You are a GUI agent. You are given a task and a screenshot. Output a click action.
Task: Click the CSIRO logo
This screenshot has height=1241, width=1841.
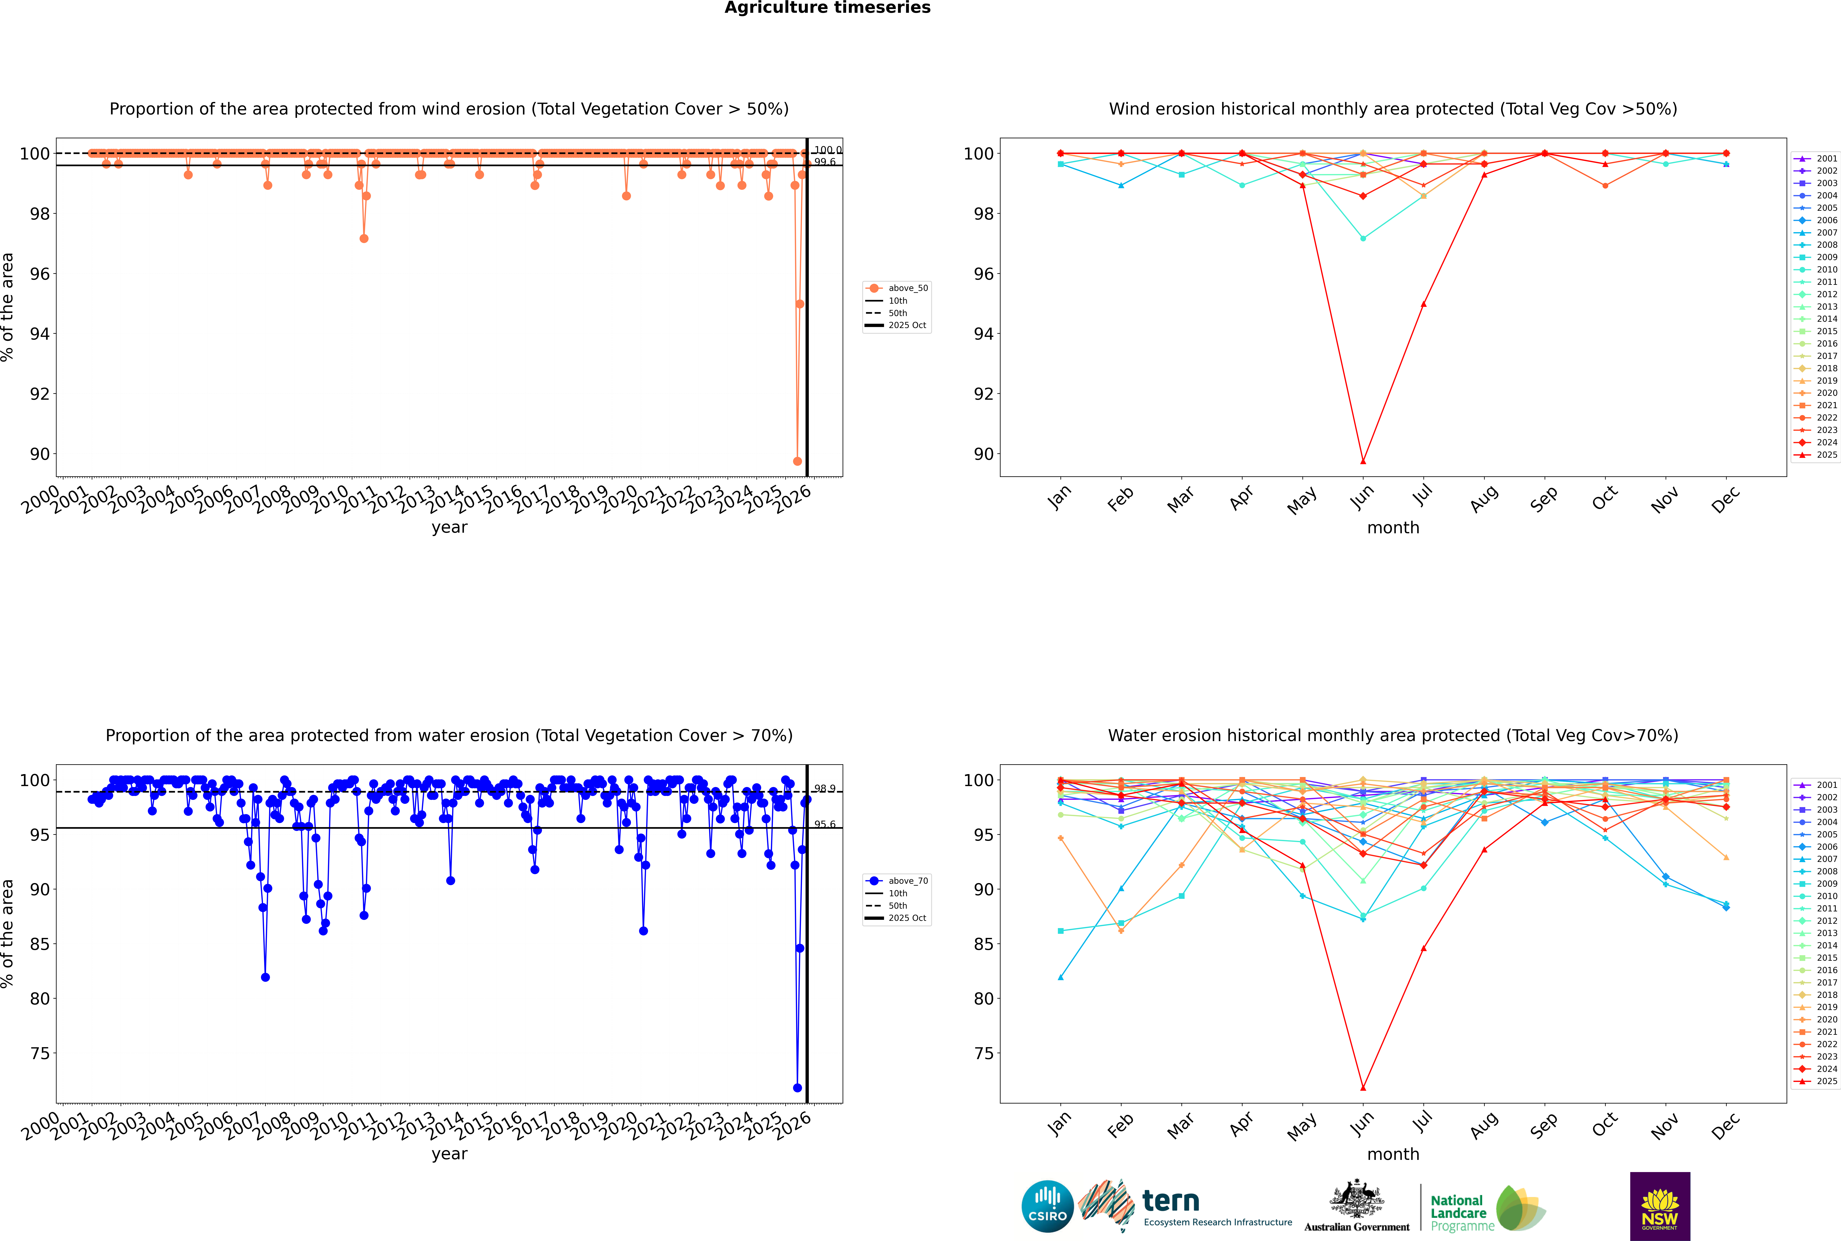pyautogui.click(x=1047, y=1206)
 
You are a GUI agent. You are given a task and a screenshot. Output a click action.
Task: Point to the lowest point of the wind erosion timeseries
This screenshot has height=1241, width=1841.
pyautogui.click(x=797, y=461)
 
